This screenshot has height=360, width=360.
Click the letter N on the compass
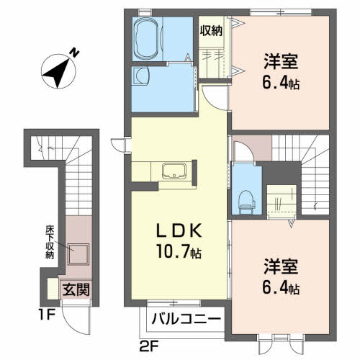[x=74, y=53]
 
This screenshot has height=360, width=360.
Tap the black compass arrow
[x=57, y=73]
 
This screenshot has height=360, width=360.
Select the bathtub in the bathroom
[x=146, y=39]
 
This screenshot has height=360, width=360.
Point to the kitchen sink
[x=174, y=171]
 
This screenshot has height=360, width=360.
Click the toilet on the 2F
[x=247, y=202]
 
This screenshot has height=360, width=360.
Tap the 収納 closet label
[x=211, y=31]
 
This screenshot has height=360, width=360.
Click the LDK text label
[x=179, y=231]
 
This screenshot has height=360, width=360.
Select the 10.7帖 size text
[x=179, y=251]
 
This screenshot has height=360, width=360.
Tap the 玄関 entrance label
[x=76, y=289]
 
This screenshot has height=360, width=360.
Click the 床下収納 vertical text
[x=50, y=242]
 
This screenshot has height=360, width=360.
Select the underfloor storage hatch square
[x=78, y=254]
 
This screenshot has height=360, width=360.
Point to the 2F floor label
[x=149, y=346]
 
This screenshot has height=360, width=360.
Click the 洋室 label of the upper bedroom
[x=281, y=61]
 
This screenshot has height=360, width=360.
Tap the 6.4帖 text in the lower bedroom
[x=281, y=288]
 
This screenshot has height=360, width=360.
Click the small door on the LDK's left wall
[x=119, y=145]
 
